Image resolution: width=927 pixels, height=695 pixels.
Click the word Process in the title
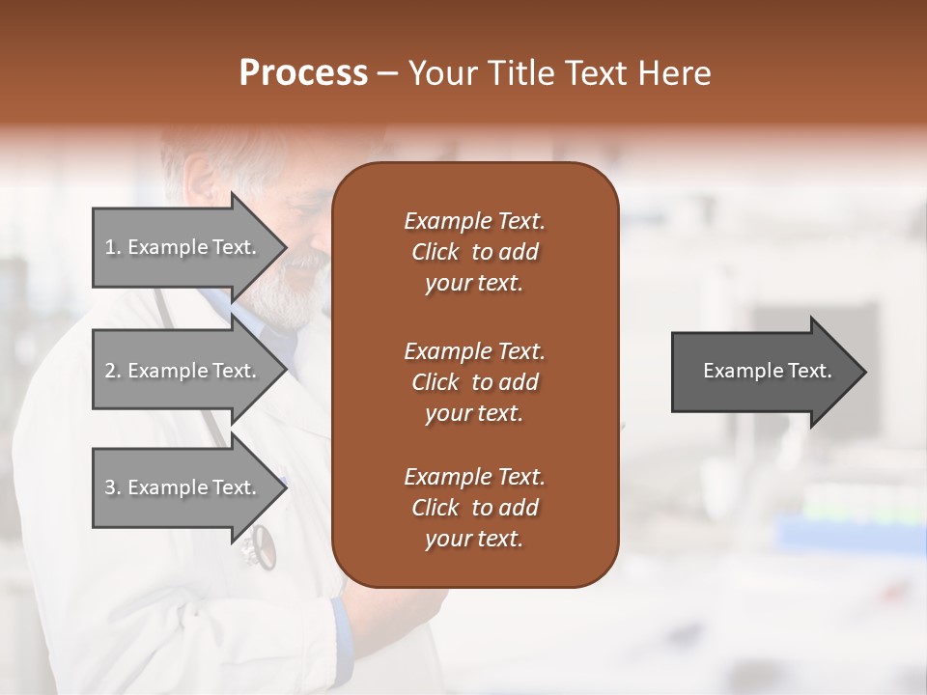(303, 73)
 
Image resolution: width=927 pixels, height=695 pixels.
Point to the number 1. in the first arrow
(113, 247)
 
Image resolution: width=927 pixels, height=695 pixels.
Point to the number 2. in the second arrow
(113, 371)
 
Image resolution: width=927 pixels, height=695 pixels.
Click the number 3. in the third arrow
(113, 487)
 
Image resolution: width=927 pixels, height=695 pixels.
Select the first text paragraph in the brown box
(474, 252)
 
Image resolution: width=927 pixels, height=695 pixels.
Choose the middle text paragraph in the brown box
(474, 381)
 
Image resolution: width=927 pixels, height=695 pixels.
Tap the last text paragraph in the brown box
(474, 508)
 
